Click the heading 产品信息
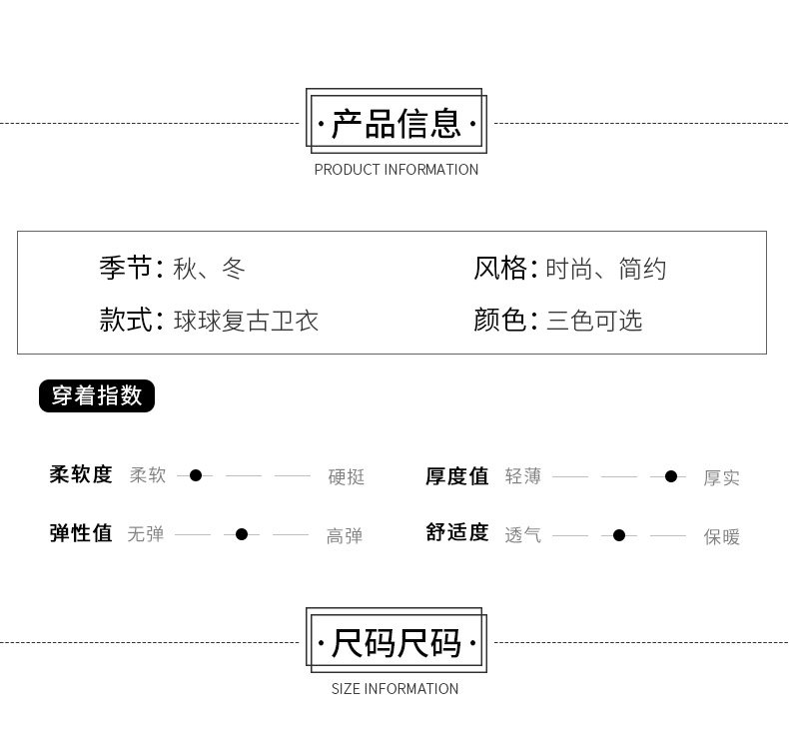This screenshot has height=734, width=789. [x=395, y=125]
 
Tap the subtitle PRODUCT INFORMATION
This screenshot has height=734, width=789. [x=395, y=170]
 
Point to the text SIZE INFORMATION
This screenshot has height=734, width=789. [x=394, y=689]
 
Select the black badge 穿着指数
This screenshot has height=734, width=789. [x=97, y=395]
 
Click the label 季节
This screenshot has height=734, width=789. [x=126, y=268]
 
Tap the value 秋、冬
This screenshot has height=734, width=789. [x=209, y=269]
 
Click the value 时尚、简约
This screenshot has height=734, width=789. [x=606, y=269]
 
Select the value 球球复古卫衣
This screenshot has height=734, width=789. [x=246, y=321]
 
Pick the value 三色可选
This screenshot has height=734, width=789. [x=594, y=321]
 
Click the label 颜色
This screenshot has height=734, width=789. [x=500, y=320]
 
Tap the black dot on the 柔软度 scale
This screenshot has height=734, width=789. [x=196, y=475]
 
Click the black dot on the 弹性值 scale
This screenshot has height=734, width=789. [x=242, y=534]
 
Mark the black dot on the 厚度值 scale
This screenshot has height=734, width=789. [x=671, y=476]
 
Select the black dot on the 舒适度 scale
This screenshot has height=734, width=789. [x=619, y=535]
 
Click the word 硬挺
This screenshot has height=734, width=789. [x=347, y=477]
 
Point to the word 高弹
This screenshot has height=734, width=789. [x=345, y=536]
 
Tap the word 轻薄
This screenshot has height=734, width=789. [x=523, y=476]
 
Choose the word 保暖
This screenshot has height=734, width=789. [x=722, y=536]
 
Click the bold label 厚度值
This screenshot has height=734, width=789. [x=457, y=476]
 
